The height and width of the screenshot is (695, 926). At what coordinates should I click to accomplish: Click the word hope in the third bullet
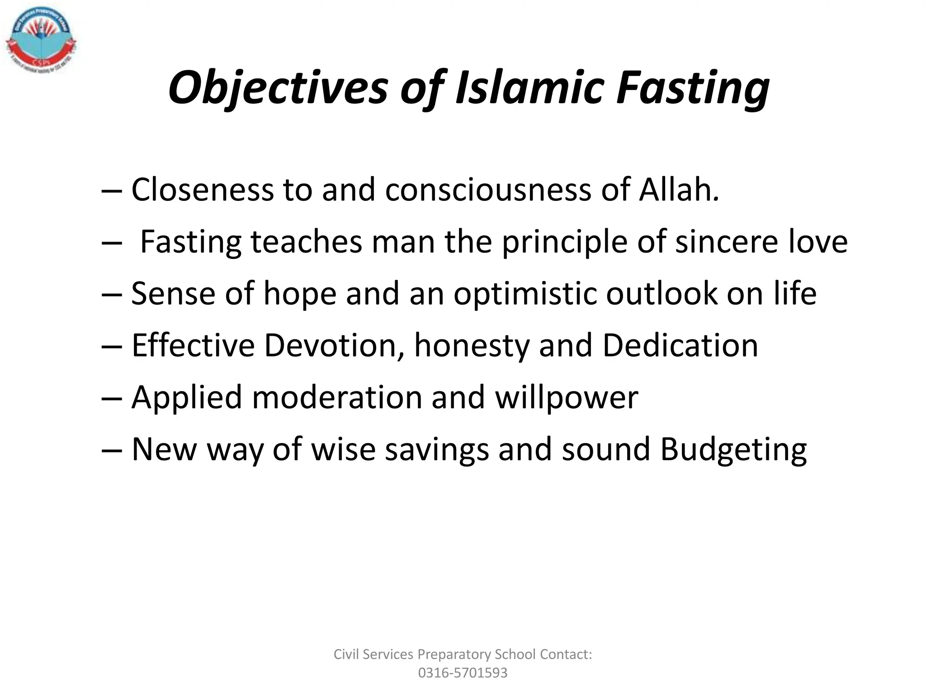pyautogui.click(x=300, y=295)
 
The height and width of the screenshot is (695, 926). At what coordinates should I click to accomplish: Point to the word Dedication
pyautogui.click(x=680, y=345)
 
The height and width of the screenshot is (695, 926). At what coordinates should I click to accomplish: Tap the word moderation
pyautogui.click(x=336, y=397)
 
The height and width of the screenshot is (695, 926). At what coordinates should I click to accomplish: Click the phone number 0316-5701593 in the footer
pyautogui.click(x=463, y=673)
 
